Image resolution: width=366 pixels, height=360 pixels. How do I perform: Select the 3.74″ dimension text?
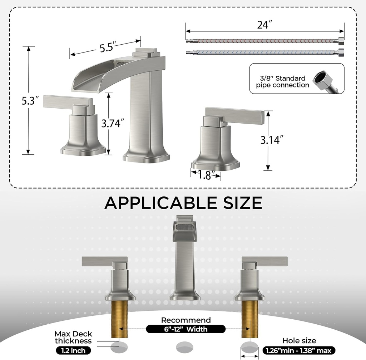(x=113, y=124)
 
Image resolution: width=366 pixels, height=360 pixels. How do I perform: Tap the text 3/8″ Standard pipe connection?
(x=282, y=82)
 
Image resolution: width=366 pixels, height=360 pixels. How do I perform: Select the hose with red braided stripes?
(x=264, y=41)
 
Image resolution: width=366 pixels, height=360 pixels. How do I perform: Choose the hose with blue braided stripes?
(x=264, y=52)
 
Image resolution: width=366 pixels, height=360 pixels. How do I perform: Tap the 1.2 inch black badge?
(x=73, y=351)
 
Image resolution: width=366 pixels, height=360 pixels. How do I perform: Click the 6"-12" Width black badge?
(x=186, y=329)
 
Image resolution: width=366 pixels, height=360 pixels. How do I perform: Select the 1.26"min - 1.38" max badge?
(x=299, y=351)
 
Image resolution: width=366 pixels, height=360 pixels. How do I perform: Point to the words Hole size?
(x=299, y=341)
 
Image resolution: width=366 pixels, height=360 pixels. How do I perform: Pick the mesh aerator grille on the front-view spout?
(x=185, y=227)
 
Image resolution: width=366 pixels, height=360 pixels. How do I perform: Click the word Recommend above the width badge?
(x=186, y=320)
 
